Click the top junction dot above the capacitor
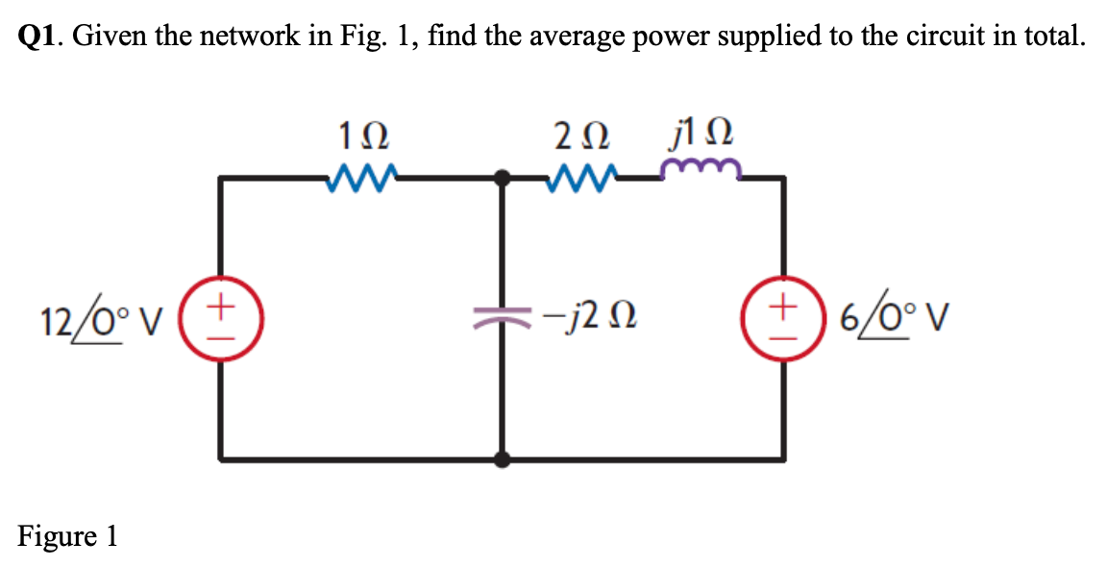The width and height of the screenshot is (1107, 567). [501, 178]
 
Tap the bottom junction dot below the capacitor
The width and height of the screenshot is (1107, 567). [501, 458]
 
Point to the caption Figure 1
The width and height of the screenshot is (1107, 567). [66, 535]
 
